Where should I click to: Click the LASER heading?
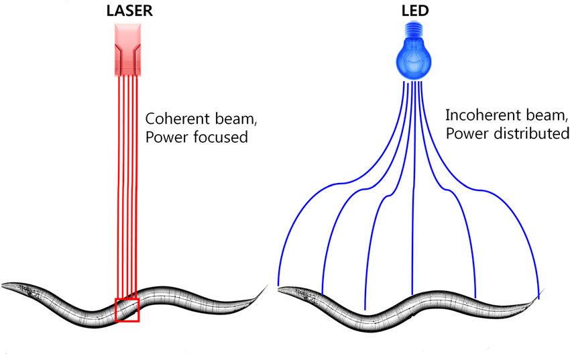[x=129, y=11]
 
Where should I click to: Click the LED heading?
[x=415, y=11]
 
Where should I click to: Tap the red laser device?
[x=127, y=50]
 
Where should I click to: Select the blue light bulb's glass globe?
[x=414, y=60]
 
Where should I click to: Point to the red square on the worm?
[x=127, y=310]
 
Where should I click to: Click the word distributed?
[x=532, y=133]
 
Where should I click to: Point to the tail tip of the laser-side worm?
[x=268, y=285]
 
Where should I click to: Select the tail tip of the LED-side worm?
[x=545, y=289]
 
